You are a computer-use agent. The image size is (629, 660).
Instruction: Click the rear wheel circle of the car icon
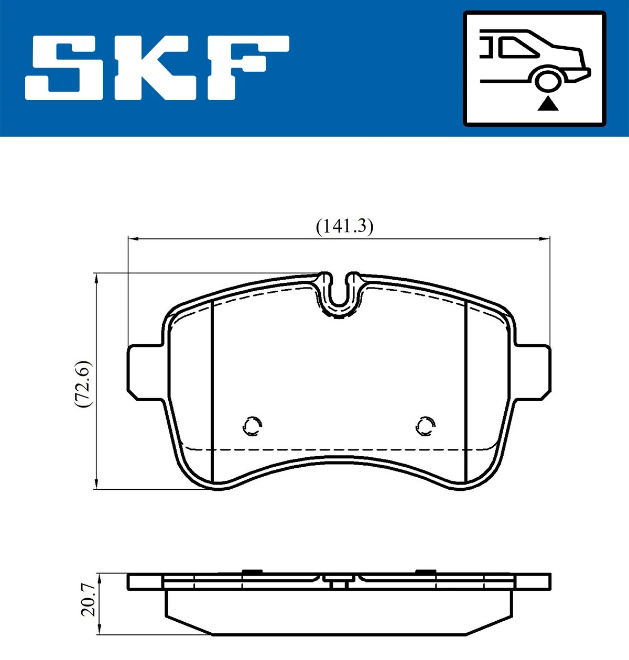[548, 82]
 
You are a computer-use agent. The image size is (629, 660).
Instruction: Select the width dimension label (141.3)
[344, 226]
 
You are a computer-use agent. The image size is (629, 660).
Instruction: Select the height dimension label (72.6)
[83, 384]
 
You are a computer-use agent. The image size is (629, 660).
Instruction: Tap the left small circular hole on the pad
[252, 426]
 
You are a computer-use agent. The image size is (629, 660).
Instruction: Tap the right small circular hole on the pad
[425, 426]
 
